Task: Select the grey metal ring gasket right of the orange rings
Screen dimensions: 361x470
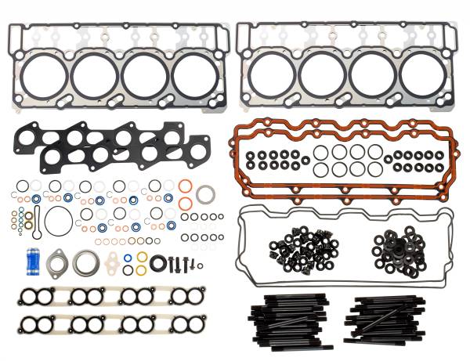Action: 206,193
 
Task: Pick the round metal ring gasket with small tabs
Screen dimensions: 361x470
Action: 84,262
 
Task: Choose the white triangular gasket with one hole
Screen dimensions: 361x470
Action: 116,263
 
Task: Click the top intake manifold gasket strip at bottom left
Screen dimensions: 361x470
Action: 109,297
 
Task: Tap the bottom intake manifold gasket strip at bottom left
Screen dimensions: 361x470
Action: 109,324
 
